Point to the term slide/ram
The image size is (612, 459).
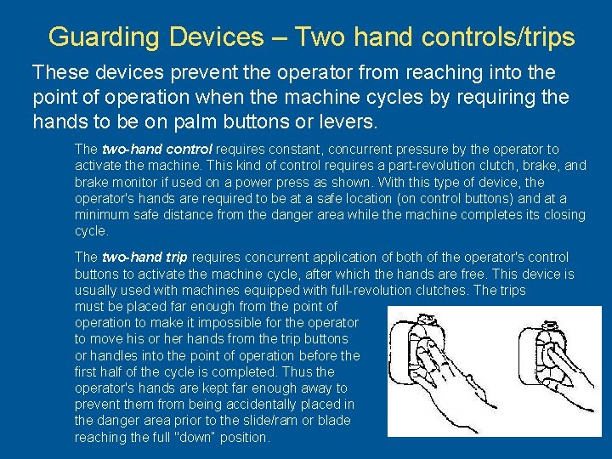(269, 421)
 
